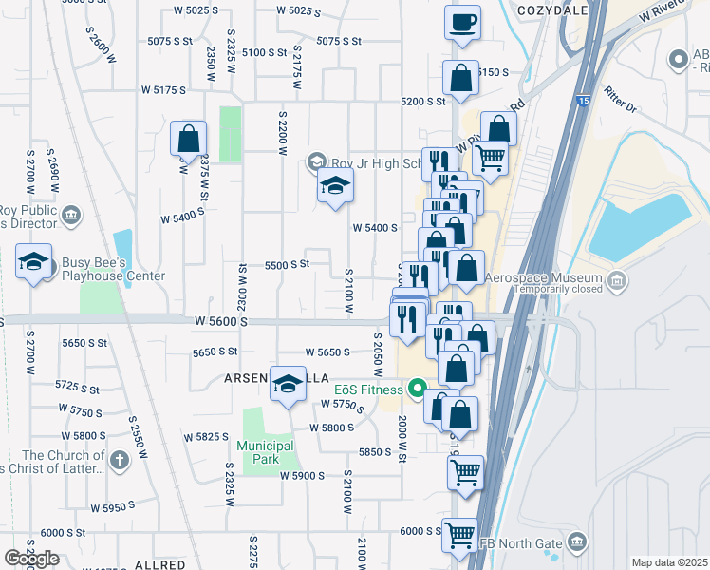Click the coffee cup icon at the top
pyautogui.click(x=462, y=23)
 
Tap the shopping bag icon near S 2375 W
pyautogui.click(x=189, y=138)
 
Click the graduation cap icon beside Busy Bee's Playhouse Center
pyautogui.click(x=34, y=262)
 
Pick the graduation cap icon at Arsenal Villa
pyautogui.click(x=288, y=384)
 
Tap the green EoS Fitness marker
pyautogui.click(x=416, y=388)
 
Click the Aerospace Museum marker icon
pyautogui.click(x=618, y=281)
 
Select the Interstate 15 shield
pyautogui.click(x=581, y=99)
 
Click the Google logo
pyautogui.click(x=31, y=559)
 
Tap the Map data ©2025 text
pyautogui.click(x=669, y=562)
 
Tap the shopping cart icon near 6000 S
pyautogui.click(x=460, y=536)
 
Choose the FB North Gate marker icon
pyautogui.click(x=576, y=543)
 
